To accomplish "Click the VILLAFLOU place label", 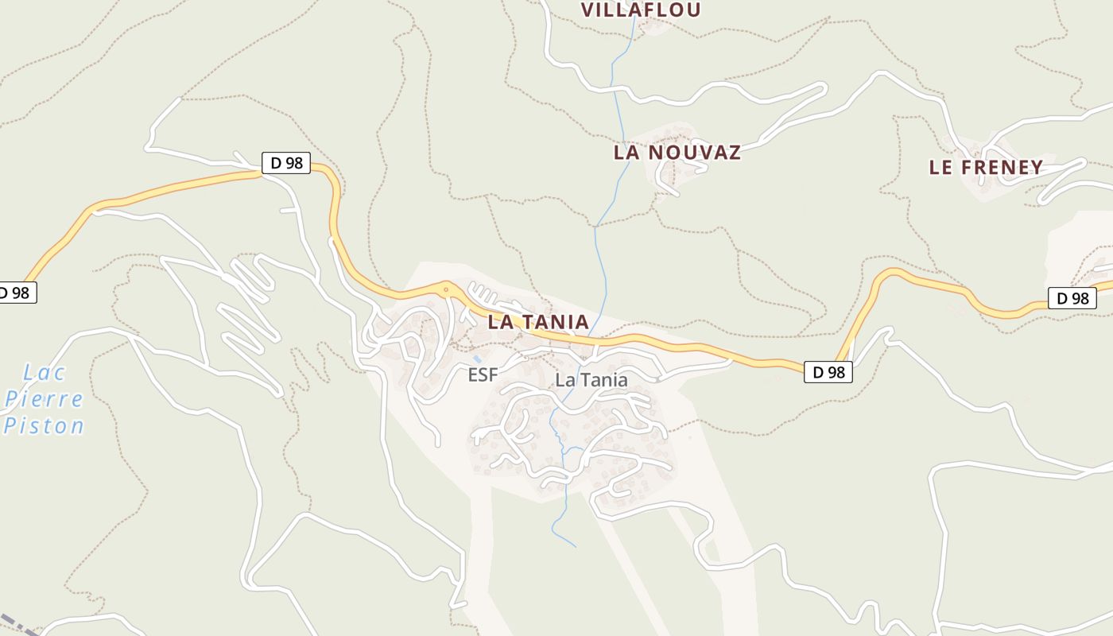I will coord(641,10).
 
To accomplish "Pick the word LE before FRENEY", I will coord(941,168).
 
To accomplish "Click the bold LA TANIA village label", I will coord(538,322).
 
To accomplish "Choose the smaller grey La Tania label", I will coord(591,380).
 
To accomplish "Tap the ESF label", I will coord(483,374).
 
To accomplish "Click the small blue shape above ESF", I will coord(477,359).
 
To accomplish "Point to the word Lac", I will coord(45,372).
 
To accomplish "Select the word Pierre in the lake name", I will coord(44,398).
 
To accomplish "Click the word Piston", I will coord(45,425).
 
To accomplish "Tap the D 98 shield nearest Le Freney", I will coord(1072,298).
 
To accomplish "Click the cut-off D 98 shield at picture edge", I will coord(16,293).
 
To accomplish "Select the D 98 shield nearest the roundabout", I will coord(286,163).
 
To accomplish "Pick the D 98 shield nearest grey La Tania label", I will coord(828,371).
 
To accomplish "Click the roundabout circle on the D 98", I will coord(447,289).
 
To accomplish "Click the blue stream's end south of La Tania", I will coord(575,546).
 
